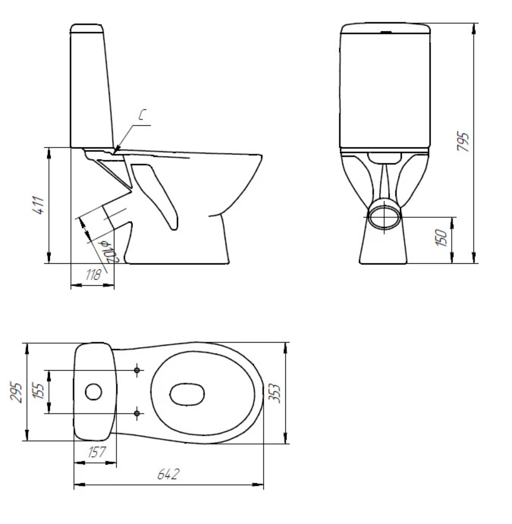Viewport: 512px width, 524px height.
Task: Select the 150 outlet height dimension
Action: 441,237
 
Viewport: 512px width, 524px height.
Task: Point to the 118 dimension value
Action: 93,274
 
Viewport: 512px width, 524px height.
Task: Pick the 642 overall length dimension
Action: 168,474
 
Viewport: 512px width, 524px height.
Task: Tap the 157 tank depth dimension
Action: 97,452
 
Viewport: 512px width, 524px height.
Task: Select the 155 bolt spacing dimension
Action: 39,391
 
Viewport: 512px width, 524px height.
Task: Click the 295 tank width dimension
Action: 16,392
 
